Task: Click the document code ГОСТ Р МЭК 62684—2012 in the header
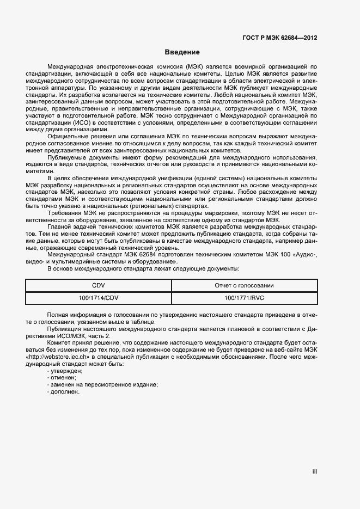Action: point(279,38)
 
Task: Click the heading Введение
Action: point(182,52)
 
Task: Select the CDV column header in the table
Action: point(99,285)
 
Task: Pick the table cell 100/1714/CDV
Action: point(99,298)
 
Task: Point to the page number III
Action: point(314,472)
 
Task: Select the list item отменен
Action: point(62,377)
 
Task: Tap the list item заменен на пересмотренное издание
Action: point(102,384)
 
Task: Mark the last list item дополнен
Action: point(64,391)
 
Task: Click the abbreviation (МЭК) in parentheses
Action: point(194,65)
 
